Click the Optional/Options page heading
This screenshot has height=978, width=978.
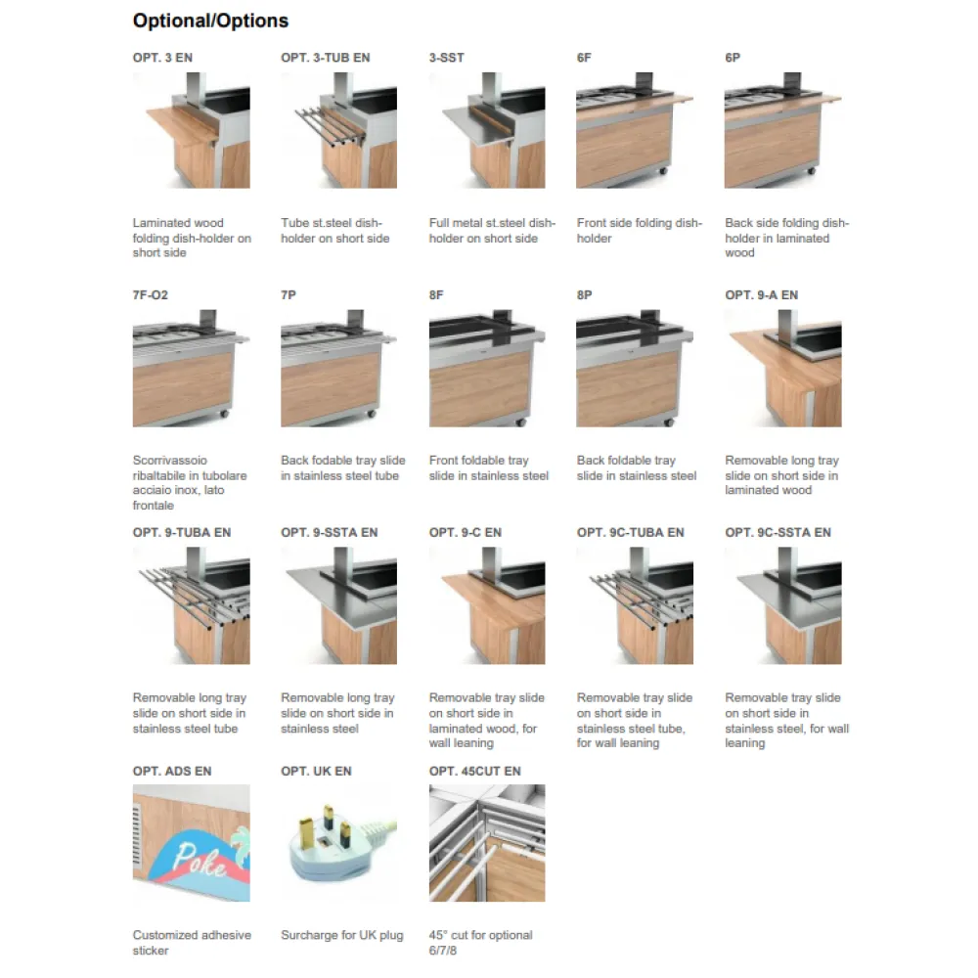click(x=210, y=21)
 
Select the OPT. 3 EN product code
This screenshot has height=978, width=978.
click(x=162, y=58)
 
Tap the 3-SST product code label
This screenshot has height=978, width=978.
click(x=446, y=58)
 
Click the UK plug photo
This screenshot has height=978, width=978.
click(x=338, y=843)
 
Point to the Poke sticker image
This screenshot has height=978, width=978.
click(x=192, y=843)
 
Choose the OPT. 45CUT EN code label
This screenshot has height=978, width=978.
click(x=474, y=772)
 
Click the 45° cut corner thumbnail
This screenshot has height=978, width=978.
click(x=487, y=843)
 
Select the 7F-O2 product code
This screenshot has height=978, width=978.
click(x=151, y=295)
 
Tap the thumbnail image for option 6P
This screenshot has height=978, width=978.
click(x=782, y=131)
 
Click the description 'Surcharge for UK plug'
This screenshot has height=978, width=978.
click(x=341, y=936)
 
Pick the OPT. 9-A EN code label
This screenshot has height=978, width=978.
click(x=761, y=295)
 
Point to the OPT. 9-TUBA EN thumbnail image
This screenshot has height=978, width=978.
click(x=192, y=606)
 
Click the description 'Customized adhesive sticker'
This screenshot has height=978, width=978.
click(x=192, y=943)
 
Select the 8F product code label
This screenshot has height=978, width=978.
click(x=436, y=295)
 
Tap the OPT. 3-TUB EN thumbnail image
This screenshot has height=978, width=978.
click(x=338, y=131)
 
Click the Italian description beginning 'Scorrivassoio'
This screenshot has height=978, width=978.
click(x=190, y=483)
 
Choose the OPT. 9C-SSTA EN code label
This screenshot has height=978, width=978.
click(x=778, y=533)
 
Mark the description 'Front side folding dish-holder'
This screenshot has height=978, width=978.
click(x=639, y=231)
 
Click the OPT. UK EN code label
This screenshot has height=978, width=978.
click(x=316, y=772)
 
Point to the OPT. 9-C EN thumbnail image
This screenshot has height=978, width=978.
click(x=487, y=606)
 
